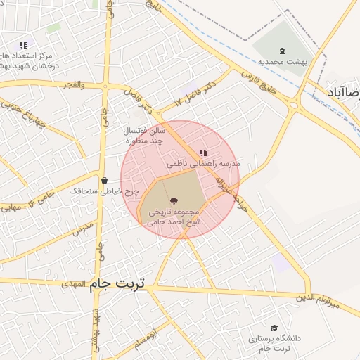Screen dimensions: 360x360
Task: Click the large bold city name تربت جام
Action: click(x=117, y=283)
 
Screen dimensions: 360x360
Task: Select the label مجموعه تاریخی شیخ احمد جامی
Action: click(x=174, y=217)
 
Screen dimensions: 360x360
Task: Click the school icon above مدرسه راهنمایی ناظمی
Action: click(x=203, y=153)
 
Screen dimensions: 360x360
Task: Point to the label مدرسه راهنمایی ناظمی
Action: click(x=203, y=163)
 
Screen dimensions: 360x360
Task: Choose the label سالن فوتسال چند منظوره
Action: click(x=145, y=136)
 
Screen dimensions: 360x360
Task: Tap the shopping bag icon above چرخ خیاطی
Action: click(x=104, y=181)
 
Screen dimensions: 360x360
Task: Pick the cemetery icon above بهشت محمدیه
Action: click(x=283, y=51)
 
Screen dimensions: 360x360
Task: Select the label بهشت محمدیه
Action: click(x=283, y=62)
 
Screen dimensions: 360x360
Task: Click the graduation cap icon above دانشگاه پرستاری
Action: click(x=274, y=328)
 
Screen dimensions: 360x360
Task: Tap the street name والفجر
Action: click(x=72, y=84)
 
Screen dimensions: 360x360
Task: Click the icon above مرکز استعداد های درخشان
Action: click(x=23, y=45)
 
